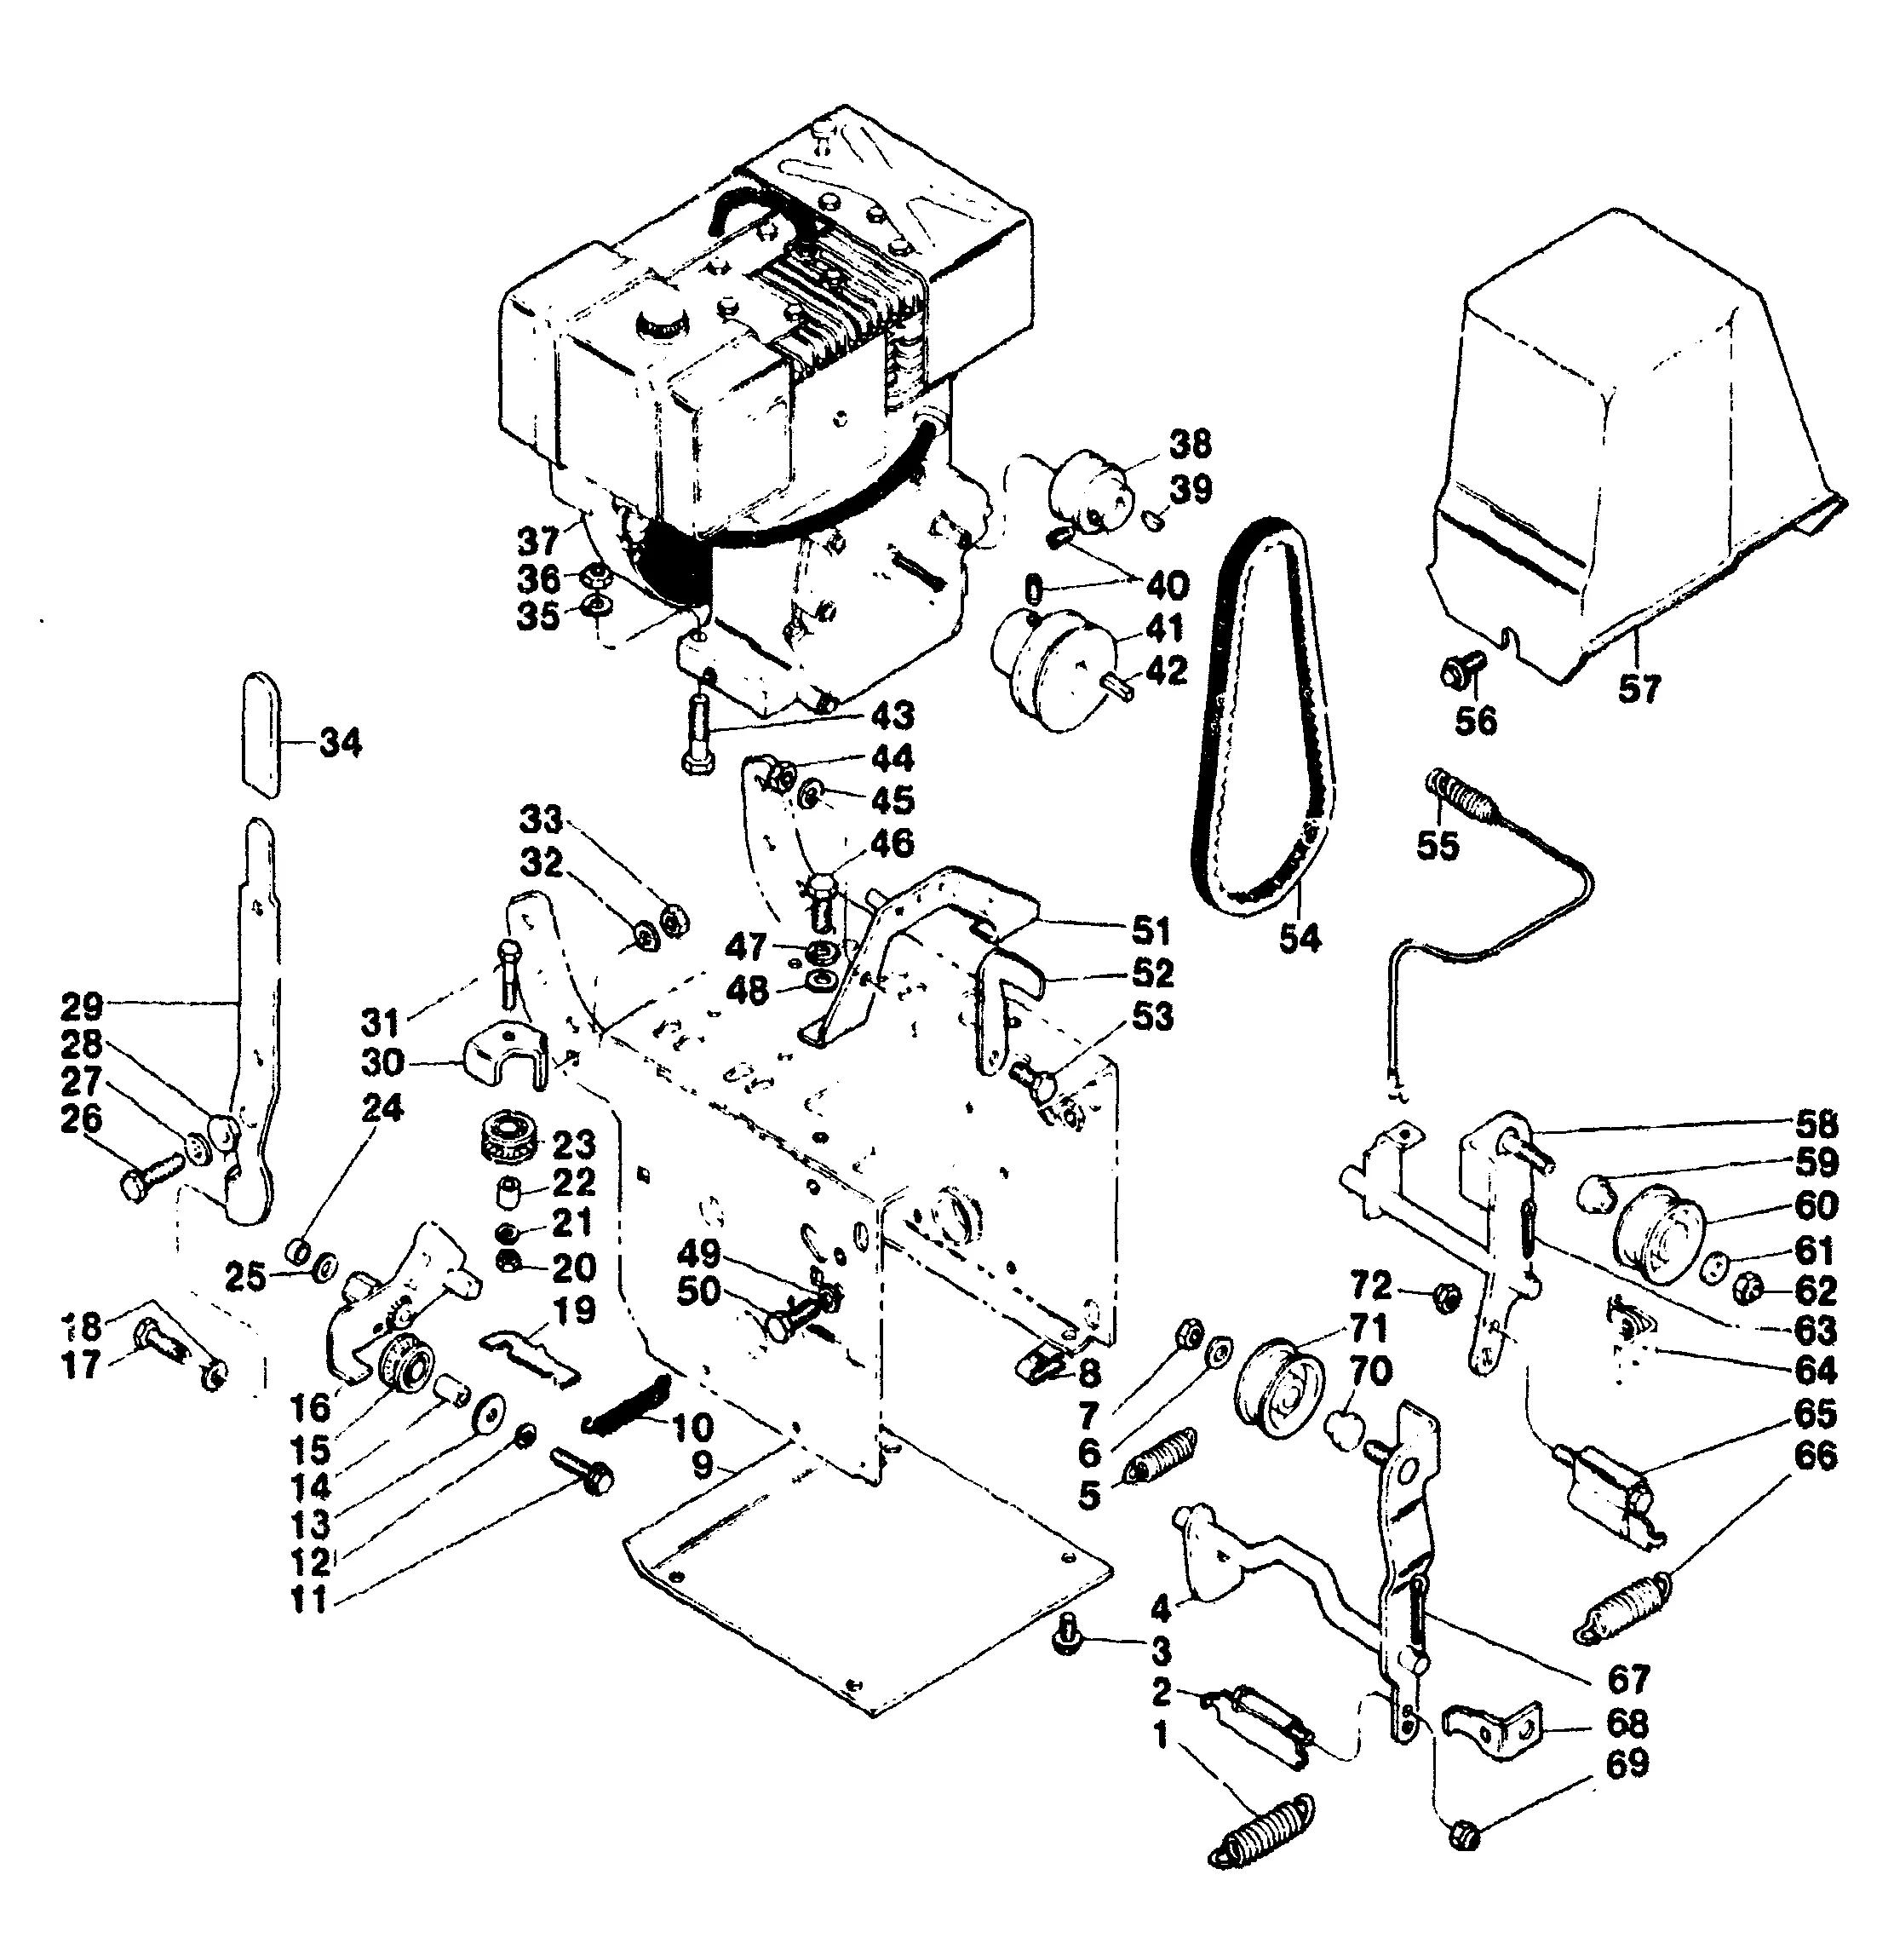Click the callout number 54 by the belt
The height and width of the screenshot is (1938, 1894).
point(1299,937)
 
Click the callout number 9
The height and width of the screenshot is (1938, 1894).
point(703,1465)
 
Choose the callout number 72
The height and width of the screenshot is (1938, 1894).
point(1371,1287)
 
